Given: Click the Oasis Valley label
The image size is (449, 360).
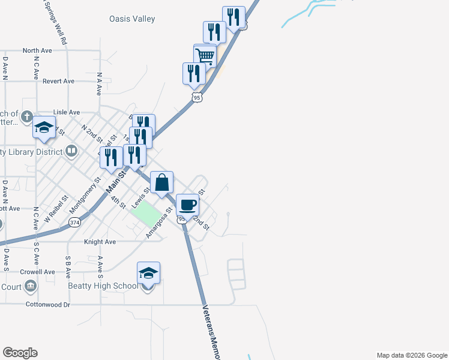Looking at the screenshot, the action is pyautogui.click(x=132, y=19).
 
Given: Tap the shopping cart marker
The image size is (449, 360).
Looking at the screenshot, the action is pyautogui.click(x=205, y=56).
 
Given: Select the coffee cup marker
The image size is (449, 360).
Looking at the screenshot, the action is pyautogui.click(x=188, y=205).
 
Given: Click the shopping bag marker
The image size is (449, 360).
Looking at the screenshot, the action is pyautogui.click(x=163, y=182).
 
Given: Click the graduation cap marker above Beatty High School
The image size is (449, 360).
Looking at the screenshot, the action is pyautogui.click(x=148, y=274).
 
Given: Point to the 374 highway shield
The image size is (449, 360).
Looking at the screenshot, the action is pyautogui.click(x=74, y=223).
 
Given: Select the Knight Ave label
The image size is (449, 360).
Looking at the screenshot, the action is pyautogui.click(x=99, y=242).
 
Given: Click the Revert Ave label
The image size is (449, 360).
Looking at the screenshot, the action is pyautogui.click(x=58, y=81).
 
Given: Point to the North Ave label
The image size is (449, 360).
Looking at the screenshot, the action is pyautogui.click(x=38, y=51).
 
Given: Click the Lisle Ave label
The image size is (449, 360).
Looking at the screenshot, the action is pyautogui.click(x=66, y=112).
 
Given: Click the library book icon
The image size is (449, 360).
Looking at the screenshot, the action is pyautogui.click(x=71, y=151).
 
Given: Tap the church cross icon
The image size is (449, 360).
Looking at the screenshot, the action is pyautogui.click(x=26, y=116).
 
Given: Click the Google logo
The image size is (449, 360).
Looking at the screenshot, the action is pyautogui.click(x=20, y=353).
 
